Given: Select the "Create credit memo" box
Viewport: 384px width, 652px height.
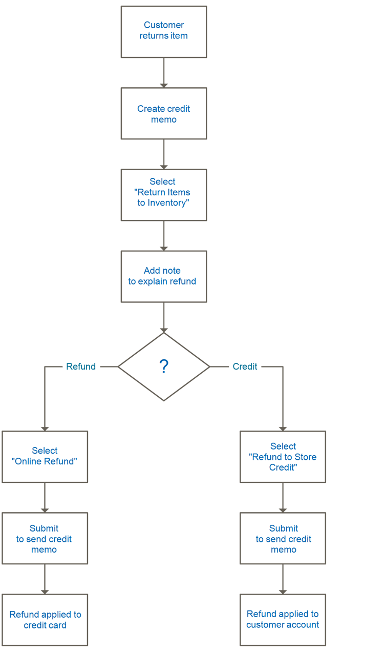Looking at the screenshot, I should tap(164, 114).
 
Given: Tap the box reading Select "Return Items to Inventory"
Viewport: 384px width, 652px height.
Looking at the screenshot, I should tap(164, 195).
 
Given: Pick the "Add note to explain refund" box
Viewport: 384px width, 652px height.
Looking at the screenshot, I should tap(164, 276).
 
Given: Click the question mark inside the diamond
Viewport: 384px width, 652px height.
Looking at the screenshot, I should tap(164, 366).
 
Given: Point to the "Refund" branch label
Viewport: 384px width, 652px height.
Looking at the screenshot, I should tap(81, 366).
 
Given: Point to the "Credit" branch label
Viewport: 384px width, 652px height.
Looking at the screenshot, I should tap(245, 366).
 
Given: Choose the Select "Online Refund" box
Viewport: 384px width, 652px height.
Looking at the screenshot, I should tap(45, 456).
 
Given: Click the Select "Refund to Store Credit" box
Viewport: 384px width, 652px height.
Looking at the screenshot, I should tap(283, 456).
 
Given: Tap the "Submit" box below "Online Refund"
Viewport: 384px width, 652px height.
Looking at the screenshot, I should tap(45, 538).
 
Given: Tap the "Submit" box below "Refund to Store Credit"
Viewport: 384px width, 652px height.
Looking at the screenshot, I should tap(283, 538).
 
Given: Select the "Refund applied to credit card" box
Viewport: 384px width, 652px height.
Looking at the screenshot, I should tap(45, 619).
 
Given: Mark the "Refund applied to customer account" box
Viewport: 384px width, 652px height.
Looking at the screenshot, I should tap(283, 619).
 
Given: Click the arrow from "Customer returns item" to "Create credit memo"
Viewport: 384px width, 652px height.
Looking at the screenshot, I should tap(164, 72).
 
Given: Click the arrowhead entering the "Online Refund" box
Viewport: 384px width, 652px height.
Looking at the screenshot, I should tap(45, 427).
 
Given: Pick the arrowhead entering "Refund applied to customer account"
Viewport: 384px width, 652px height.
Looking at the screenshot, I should tap(283, 591).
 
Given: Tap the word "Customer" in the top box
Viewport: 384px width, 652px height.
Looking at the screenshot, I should tap(164, 25).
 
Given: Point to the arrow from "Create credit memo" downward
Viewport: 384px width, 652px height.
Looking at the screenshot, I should tap(164, 154).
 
